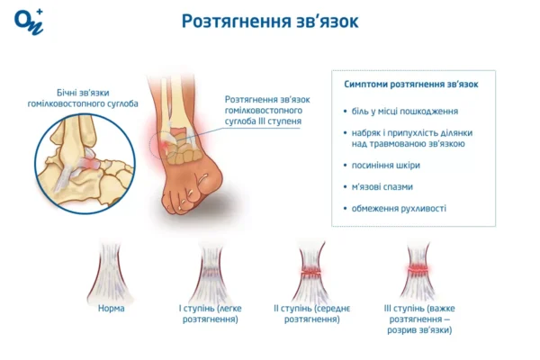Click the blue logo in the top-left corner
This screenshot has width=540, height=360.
[29, 22]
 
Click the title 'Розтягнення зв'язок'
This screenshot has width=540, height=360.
[269, 21]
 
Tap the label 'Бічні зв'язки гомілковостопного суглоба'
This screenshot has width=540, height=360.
[83, 99]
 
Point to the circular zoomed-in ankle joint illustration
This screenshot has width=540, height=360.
[85, 157]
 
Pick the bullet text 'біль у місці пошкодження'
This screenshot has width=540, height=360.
[400, 112]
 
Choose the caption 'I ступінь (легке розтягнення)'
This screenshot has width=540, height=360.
[211, 314]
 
